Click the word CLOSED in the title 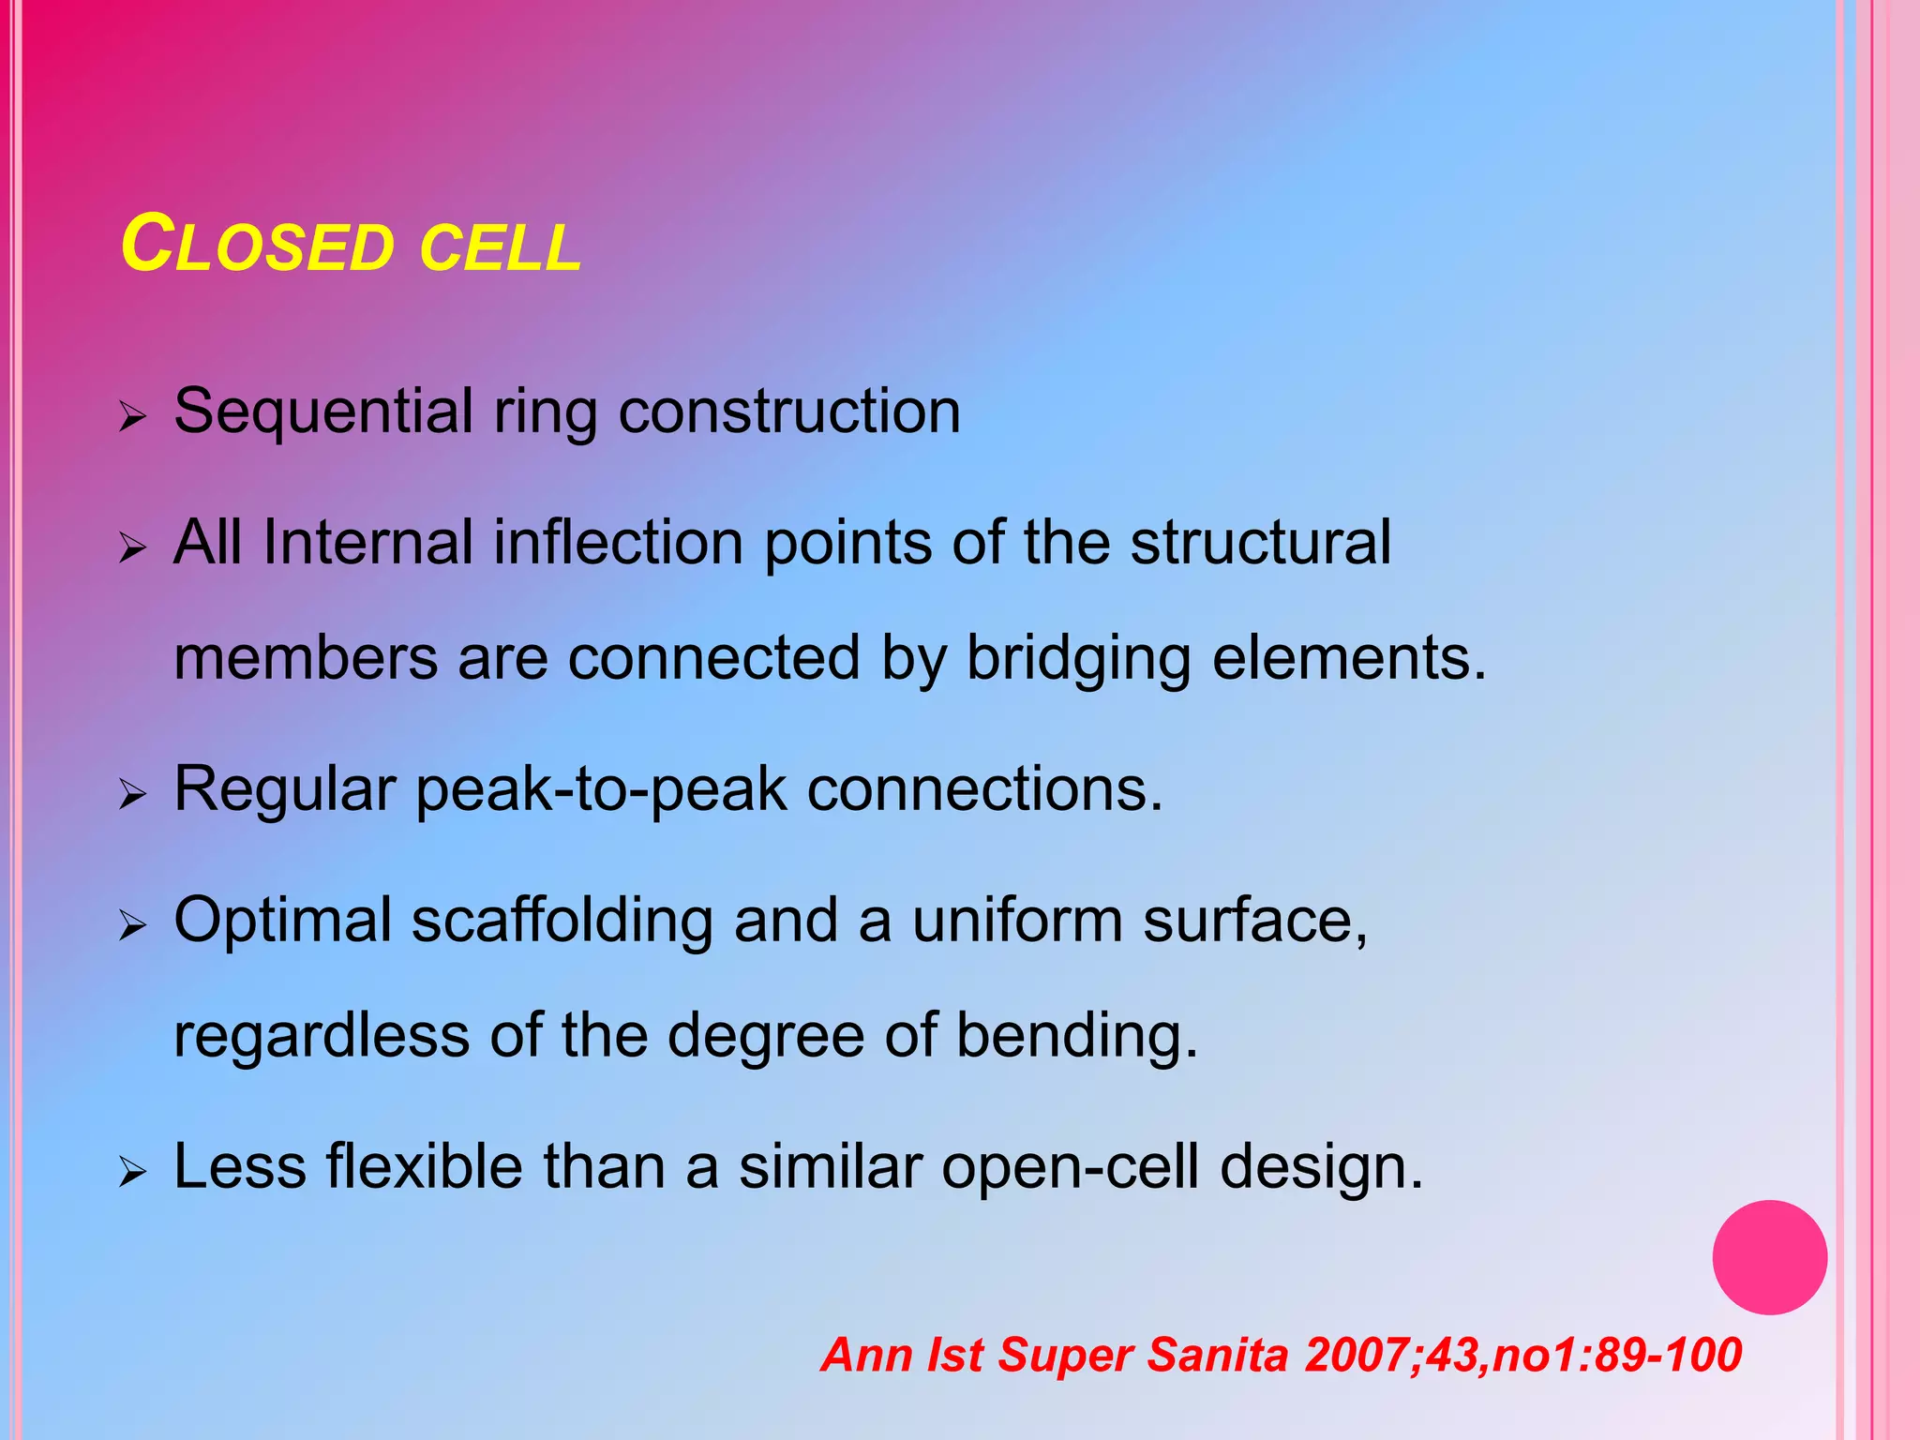[x=258, y=246]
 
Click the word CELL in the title [x=500, y=248]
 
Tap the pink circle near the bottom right [x=1769, y=1257]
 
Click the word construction [x=789, y=412]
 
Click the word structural [x=1260, y=543]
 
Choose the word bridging [x=1078, y=659]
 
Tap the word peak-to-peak [x=601, y=790]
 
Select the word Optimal [x=282, y=922]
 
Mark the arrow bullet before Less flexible [x=133, y=1172]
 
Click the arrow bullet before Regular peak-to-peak [x=133, y=795]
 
